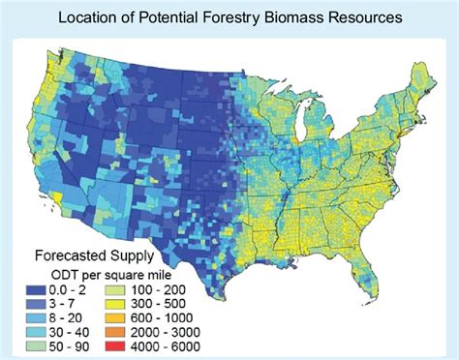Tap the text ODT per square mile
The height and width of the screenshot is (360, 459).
coord(79,275)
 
